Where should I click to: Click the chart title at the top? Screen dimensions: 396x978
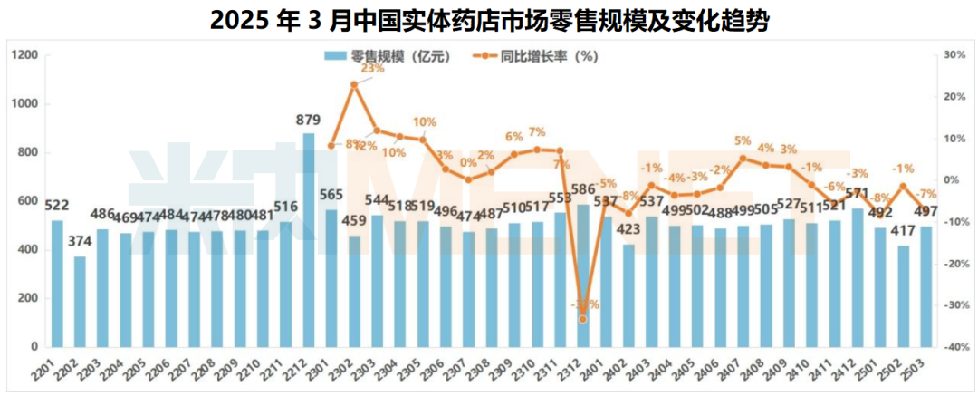(489, 20)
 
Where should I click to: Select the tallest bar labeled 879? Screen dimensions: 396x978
(309, 240)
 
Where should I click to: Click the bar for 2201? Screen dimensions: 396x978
(57, 284)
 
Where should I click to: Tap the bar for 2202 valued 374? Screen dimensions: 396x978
(81, 302)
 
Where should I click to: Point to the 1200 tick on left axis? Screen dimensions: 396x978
(25, 55)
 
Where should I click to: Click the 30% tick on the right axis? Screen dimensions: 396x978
(954, 55)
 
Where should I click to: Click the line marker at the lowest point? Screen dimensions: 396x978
(582, 319)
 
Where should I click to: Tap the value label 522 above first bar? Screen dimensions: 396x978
(57, 207)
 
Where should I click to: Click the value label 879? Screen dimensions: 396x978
(309, 120)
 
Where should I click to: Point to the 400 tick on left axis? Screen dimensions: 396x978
(27, 250)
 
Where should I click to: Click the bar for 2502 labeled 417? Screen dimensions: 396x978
(903, 296)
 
